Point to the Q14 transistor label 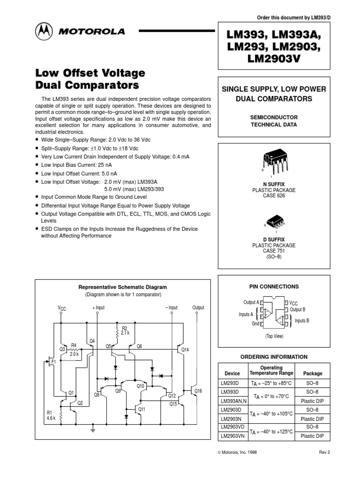click(x=185, y=350)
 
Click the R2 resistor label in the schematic click(x=124, y=328)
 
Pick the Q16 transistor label click(x=198, y=390)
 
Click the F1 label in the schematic click(x=53, y=362)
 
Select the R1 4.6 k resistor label click(x=50, y=415)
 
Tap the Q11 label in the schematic click(x=142, y=409)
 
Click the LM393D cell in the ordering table click(x=230, y=391)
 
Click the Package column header click(x=313, y=374)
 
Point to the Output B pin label click(x=298, y=309)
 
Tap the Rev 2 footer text click(x=325, y=452)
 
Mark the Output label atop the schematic click(x=198, y=307)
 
